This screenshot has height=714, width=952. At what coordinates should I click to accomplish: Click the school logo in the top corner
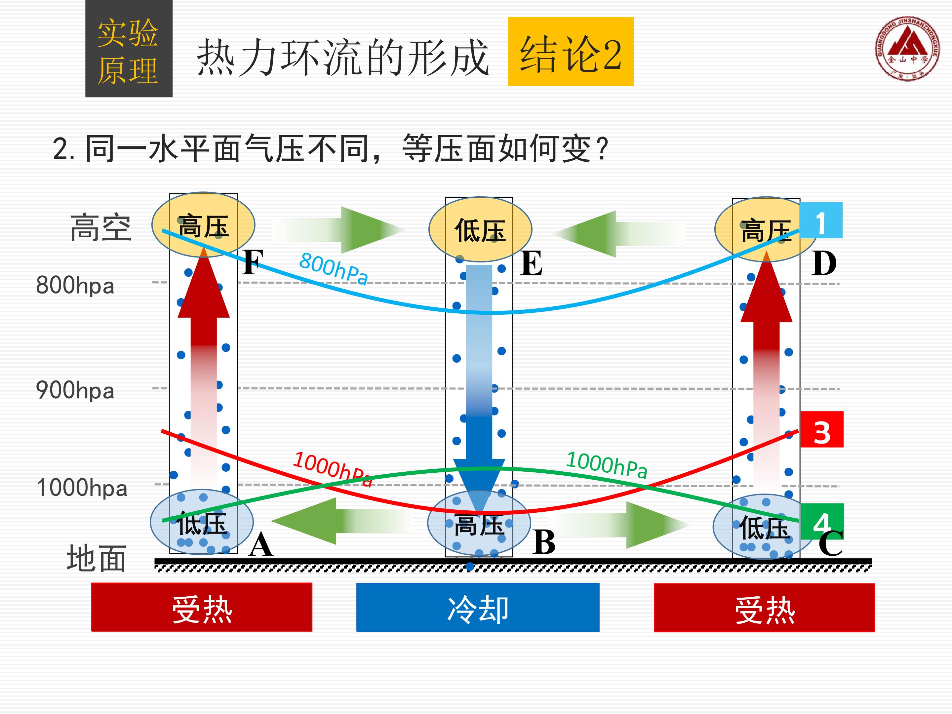point(907,48)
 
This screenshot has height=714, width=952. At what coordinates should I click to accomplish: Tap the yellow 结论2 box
point(571,51)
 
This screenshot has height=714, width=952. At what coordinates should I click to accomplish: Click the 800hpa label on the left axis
point(75,285)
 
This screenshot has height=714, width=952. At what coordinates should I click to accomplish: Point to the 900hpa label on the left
point(75,390)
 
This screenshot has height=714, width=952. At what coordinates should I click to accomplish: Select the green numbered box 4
point(822,521)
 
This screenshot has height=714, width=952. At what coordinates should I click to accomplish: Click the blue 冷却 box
point(478,607)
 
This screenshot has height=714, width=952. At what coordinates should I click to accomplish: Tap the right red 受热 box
point(764,607)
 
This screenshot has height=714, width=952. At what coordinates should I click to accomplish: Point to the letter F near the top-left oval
point(253,262)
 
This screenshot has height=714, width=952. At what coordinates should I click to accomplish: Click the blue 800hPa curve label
point(334,268)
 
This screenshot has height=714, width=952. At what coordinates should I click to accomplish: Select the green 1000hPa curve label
point(607,465)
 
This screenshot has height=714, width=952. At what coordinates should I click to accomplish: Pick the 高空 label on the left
point(101,227)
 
